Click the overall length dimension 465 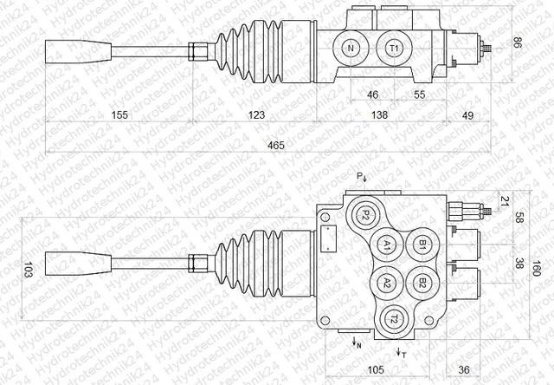(276, 145)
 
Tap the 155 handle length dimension (119, 114)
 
